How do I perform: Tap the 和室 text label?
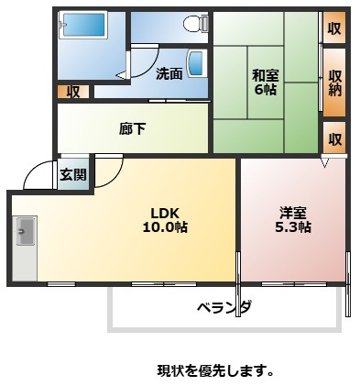266,76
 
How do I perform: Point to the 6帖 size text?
266,90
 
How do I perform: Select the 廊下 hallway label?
133,128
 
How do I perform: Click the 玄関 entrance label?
73,174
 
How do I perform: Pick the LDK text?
168,213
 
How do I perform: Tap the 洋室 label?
293,213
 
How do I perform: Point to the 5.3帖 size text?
293,227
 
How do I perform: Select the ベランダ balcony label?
224,306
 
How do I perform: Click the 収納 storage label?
335,83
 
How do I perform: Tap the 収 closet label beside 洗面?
73,92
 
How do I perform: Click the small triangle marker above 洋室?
325,163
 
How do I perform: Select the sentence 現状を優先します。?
215,371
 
